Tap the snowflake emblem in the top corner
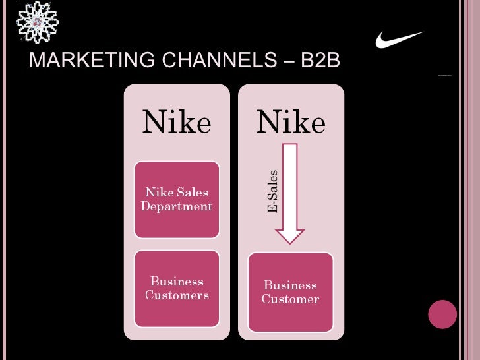tap(37, 22)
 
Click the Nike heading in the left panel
tap(177, 122)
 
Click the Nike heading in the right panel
tap(291, 122)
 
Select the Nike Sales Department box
tap(177, 199)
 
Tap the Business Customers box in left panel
tap(177, 288)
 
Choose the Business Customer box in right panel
tap(290, 292)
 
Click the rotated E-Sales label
tap(272, 192)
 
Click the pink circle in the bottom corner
tap(442, 314)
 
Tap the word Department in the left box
tap(177, 206)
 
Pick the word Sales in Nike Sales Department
tap(192, 193)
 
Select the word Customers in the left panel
tap(177, 295)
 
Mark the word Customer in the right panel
tap(290, 299)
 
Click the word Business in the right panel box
tap(290, 285)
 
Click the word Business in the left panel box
tap(177, 282)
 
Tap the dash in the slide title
tap(287, 61)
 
